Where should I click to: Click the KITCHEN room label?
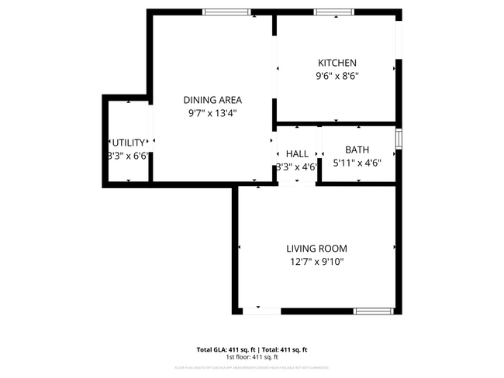click(337, 63)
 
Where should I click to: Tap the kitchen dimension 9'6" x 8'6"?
click(337, 76)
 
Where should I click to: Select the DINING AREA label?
click(212, 100)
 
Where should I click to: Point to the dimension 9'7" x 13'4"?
click(212, 113)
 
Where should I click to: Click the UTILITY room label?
click(128, 143)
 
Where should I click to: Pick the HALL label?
click(297, 153)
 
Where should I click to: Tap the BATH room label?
click(357, 150)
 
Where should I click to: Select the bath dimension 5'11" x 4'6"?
click(357, 163)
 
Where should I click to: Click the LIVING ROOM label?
click(316, 249)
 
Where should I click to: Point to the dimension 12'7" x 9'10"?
click(316, 262)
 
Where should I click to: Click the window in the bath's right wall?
click(399, 139)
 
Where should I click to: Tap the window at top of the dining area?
click(226, 12)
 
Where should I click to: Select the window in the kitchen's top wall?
click(334, 12)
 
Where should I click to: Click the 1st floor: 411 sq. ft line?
click(252, 357)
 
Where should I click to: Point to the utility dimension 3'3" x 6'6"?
click(128, 156)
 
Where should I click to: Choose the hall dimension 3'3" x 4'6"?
click(297, 167)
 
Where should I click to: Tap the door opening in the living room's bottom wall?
click(261, 311)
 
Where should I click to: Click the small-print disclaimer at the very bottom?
click(252, 367)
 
